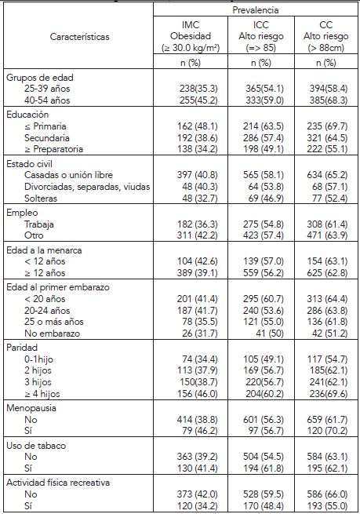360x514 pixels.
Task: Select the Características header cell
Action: (x=80, y=35)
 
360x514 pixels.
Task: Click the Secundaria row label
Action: (x=46, y=136)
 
